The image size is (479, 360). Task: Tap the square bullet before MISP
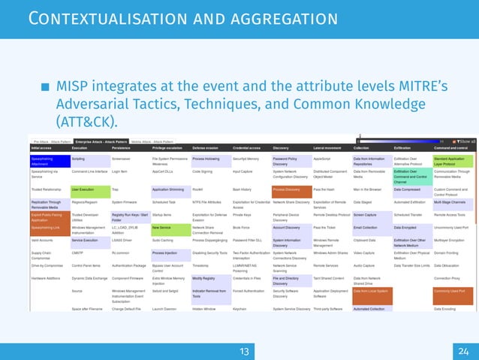click(x=46, y=87)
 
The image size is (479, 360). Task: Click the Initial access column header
click(x=44, y=148)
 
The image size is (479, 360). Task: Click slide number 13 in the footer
click(x=243, y=351)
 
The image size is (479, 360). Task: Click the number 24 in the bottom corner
click(x=462, y=351)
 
